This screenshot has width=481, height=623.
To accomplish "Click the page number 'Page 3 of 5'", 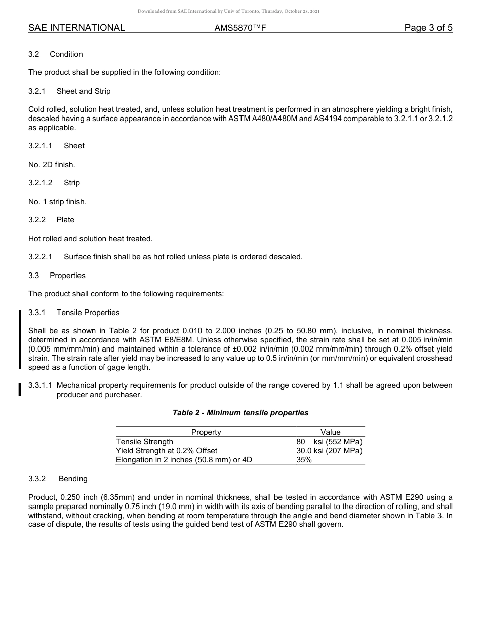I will coord(428,28).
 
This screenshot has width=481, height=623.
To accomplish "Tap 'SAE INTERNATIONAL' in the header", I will coord(76,28).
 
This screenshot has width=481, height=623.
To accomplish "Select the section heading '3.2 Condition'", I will coord(56,54).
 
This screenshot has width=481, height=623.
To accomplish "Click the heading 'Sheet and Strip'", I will coord(84,91).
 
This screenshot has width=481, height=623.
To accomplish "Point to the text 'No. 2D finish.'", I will coord(52,165).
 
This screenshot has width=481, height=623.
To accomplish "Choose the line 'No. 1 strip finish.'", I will coord(57,202).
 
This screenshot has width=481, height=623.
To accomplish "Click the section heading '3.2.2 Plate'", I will coord(51,220).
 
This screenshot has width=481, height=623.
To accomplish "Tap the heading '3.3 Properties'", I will coord(57,276).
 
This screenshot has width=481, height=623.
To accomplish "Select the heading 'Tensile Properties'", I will coord(88,313).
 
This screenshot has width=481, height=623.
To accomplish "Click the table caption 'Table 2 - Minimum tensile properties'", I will coord(240,413).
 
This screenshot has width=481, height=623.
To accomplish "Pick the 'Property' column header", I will coord(206,432).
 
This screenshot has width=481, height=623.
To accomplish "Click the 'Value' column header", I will coord(330,432).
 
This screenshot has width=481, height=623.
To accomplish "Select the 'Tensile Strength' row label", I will coord(144,442).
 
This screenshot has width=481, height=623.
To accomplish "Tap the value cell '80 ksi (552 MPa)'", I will coord(329,442).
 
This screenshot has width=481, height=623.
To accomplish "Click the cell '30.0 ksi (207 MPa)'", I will coord(329,451).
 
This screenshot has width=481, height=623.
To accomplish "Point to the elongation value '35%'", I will coord(304,460).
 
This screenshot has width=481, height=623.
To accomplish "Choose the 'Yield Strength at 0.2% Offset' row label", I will coord(167,451).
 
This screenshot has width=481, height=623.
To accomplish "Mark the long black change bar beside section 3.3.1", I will coord(20,339).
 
